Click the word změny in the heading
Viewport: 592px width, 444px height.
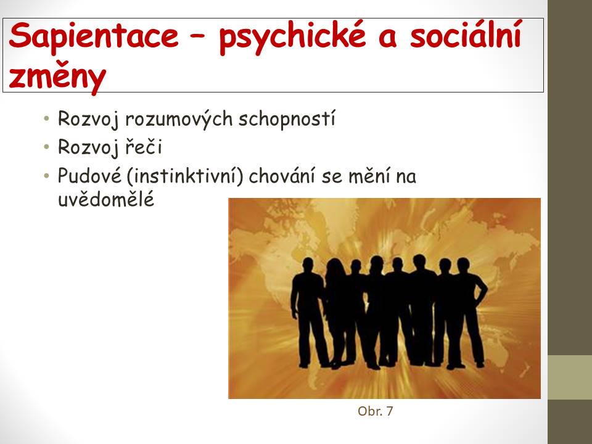tap(57, 78)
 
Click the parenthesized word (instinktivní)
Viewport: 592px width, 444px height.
tap(185, 176)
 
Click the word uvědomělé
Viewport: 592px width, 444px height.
tap(106, 199)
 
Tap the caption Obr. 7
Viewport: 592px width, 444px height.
tap(376, 411)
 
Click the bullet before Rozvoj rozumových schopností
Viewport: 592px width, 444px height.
tap(46, 118)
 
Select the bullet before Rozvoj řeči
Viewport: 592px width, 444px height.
tap(46, 147)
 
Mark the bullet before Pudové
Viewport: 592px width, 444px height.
tap(46, 176)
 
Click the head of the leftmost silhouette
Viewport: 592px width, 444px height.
tap(308, 265)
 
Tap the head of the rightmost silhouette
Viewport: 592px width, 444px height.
tap(463, 265)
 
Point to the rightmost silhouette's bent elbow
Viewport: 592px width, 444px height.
tap(485, 290)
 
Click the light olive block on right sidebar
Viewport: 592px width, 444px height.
tap(570, 377)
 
